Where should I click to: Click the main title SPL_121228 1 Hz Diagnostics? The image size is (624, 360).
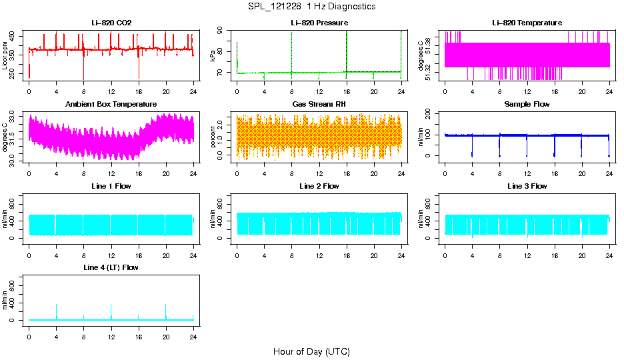coord(311,7)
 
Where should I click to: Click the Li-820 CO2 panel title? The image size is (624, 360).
coord(111,23)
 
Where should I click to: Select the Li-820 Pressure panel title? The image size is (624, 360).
coord(319,23)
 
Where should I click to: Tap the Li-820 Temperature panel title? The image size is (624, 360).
coord(527,23)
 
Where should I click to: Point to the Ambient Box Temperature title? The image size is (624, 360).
coord(111,105)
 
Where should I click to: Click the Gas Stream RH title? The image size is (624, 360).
coord(319,105)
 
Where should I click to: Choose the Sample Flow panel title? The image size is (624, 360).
coord(527,105)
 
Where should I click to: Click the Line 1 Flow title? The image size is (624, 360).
coord(111,186)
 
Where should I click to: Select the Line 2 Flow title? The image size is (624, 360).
coord(319,186)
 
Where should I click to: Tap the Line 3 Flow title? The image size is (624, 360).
coord(527,186)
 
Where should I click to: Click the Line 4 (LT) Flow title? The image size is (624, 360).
coord(111,267)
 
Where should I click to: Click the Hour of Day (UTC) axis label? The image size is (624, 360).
coord(311,351)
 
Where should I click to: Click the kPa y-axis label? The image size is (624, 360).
coord(213,56)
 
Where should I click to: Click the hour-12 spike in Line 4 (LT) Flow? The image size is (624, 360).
coord(111,308)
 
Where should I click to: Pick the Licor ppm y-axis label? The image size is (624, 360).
coord(5,56)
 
